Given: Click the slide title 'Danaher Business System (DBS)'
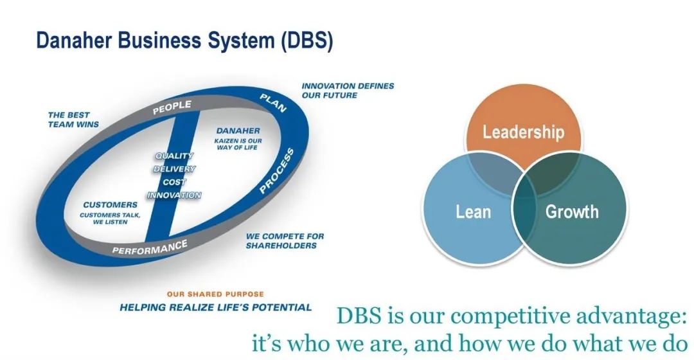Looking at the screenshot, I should click(184, 40).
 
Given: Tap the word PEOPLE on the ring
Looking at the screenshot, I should click(172, 107).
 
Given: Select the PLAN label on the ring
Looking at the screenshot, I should click(273, 102).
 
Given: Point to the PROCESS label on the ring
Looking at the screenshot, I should click(277, 171).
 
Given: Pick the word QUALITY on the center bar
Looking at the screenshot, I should click(174, 156).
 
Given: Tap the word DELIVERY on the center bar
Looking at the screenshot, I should click(174, 169).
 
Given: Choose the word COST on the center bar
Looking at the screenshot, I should click(174, 182).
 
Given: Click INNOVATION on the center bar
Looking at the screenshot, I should click(174, 195).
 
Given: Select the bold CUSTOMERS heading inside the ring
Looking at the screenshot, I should click(110, 205).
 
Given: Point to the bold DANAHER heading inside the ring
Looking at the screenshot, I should click(238, 130).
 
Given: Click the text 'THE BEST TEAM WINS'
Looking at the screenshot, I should click(73, 120).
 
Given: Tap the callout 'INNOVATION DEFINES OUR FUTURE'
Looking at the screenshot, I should click(348, 90).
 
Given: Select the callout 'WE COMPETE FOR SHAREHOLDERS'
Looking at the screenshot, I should click(285, 240).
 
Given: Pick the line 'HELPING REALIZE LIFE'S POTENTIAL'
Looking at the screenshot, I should click(216, 307).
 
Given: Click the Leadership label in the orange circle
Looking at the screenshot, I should click(523, 132).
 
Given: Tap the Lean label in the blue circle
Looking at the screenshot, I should click(474, 212).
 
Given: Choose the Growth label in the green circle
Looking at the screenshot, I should click(572, 212).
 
